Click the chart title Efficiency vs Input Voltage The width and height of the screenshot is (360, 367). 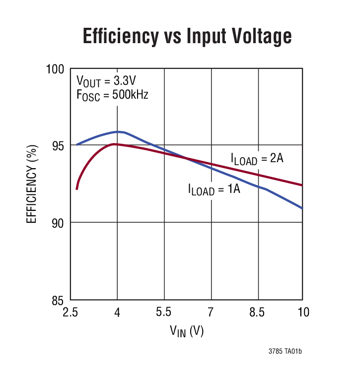(x=187, y=37)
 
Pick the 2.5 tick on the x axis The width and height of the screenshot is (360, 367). (x=71, y=312)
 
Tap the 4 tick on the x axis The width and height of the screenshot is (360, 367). (x=117, y=312)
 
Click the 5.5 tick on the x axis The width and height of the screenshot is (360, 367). (x=164, y=312)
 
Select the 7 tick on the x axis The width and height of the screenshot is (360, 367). (x=211, y=312)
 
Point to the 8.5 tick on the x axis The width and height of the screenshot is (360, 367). (x=258, y=312)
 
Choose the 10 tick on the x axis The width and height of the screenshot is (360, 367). (x=303, y=312)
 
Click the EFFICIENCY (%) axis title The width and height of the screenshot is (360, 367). (x=32, y=184)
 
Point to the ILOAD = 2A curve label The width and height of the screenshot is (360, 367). (x=257, y=159)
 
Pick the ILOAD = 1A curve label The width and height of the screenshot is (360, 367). (x=214, y=189)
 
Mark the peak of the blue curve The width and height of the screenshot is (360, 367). (x=118, y=132)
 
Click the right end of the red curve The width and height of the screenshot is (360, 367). (x=301, y=185)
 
